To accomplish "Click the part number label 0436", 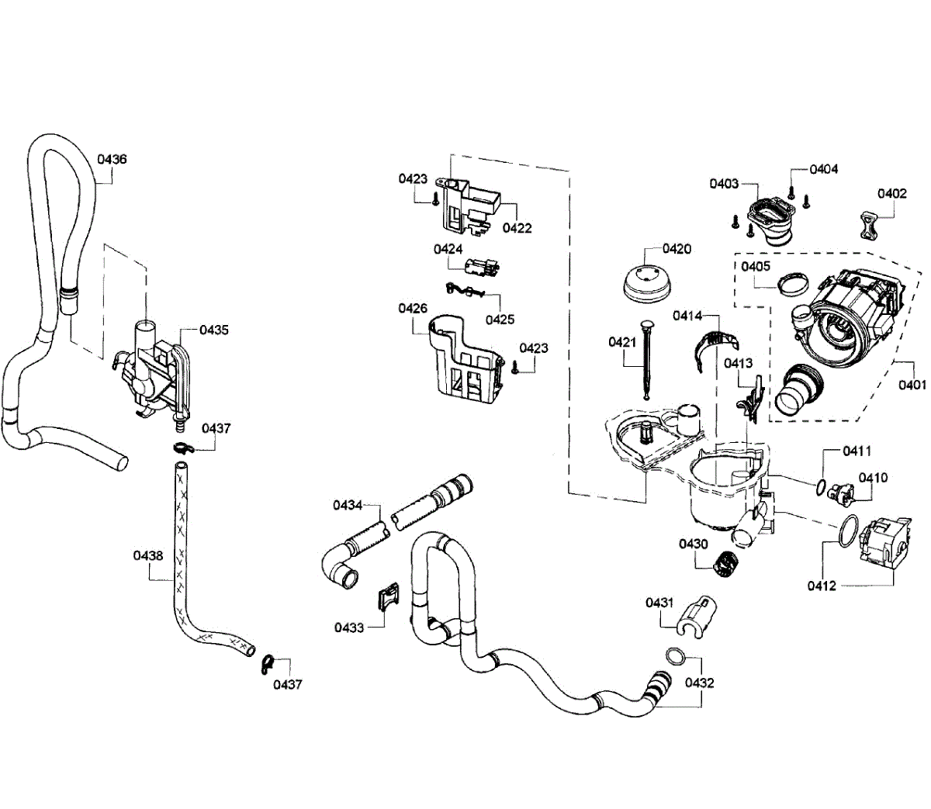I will click(x=112, y=159).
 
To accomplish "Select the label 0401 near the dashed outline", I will click(x=912, y=383).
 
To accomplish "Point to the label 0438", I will click(x=147, y=555).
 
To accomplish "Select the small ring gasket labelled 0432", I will click(x=674, y=655).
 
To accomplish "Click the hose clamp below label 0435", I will click(x=183, y=448).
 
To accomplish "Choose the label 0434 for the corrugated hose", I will click(x=348, y=506).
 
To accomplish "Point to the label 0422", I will click(x=517, y=228).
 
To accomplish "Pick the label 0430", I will click(x=693, y=544).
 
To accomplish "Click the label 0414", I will click(x=687, y=315).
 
